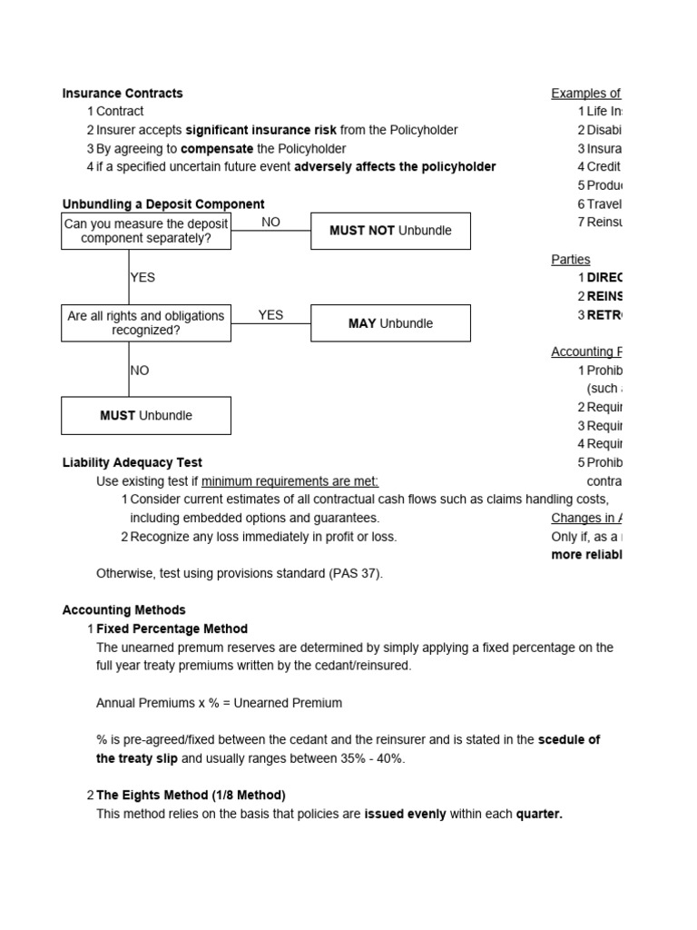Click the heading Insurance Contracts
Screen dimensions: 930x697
click(x=122, y=93)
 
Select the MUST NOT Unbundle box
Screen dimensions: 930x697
click(x=390, y=231)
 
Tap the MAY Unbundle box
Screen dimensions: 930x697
click(x=390, y=323)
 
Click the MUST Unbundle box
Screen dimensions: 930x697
click(x=146, y=416)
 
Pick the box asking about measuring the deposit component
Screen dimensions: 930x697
click(x=146, y=231)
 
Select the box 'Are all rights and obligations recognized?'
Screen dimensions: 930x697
click(x=146, y=323)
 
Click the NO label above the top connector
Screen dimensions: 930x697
click(x=270, y=222)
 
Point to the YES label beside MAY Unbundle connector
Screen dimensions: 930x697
click(x=270, y=314)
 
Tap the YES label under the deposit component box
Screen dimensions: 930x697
click(x=142, y=278)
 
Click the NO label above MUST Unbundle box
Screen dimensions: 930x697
click(x=140, y=371)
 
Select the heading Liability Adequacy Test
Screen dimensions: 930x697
click(x=132, y=462)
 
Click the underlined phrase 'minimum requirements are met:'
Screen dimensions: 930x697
click(x=290, y=480)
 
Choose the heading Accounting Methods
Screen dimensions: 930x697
click(x=123, y=610)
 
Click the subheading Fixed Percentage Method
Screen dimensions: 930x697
click(x=172, y=628)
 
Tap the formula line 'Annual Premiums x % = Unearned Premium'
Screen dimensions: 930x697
click(x=219, y=703)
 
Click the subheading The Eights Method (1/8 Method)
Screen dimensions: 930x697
click(x=191, y=795)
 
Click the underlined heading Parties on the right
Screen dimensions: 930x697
click(x=570, y=259)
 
